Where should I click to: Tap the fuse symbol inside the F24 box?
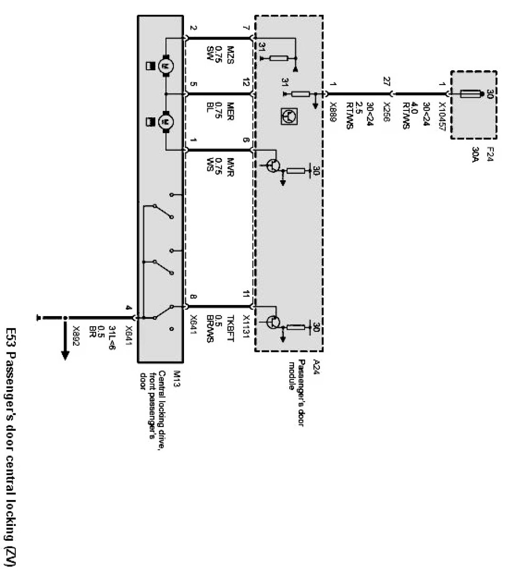468,95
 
